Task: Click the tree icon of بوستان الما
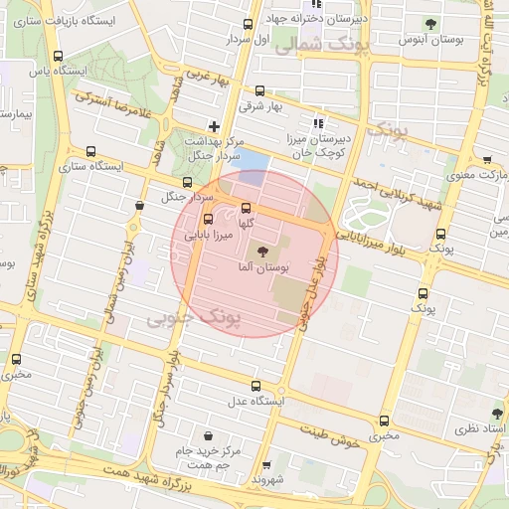[x=262, y=252]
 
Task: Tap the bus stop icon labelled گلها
[x=247, y=208]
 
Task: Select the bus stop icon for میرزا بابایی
[x=208, y=220]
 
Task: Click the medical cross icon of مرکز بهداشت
[x=214, y=126]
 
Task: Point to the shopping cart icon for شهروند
[x=266, y=464]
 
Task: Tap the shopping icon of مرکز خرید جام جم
[x=208, y=435]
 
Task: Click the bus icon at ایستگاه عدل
[x=255, y=386]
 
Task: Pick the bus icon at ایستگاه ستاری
[x=91, y=152]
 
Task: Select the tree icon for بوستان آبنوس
[x=429, y=24]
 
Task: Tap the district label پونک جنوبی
[x=195, y=318]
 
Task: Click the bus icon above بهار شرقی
[x=260, y=90]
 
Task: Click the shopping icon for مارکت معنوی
[x=486, y=160]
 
